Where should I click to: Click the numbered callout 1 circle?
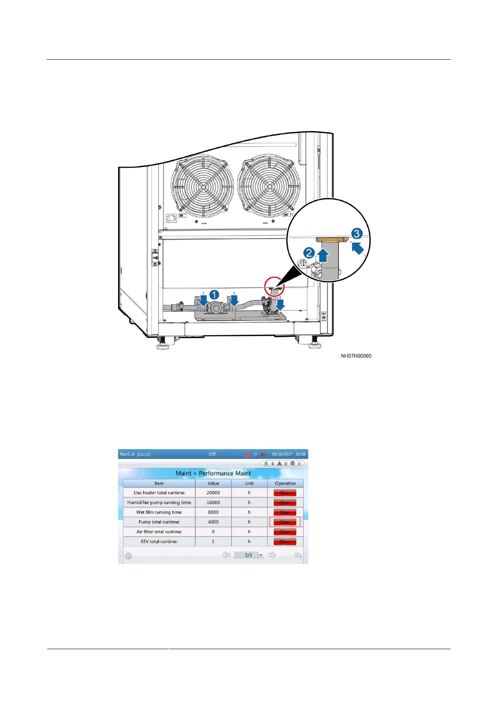[x=214, y=295]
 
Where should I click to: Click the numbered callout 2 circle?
[x=309, y=253]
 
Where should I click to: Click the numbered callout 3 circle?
[x=356, y=234]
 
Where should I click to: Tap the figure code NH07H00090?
[x=356, y=356]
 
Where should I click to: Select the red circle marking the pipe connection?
[x=275, y=286]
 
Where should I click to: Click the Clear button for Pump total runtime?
[x=285, y=522]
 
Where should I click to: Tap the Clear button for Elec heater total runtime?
[x=285, y=493]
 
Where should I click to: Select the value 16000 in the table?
[x=213, y=502]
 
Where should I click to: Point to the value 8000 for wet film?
[x=213, y=512]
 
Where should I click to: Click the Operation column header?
[x=285, y=483]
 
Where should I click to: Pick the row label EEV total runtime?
[x=159, y=541]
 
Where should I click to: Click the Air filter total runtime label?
[x=159, y=532]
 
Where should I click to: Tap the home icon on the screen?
[x=128, y=555]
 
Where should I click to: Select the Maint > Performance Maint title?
[x=213, y=473]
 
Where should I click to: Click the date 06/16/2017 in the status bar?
[x=282, y=454]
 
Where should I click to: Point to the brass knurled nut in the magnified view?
[x=332, y=240]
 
